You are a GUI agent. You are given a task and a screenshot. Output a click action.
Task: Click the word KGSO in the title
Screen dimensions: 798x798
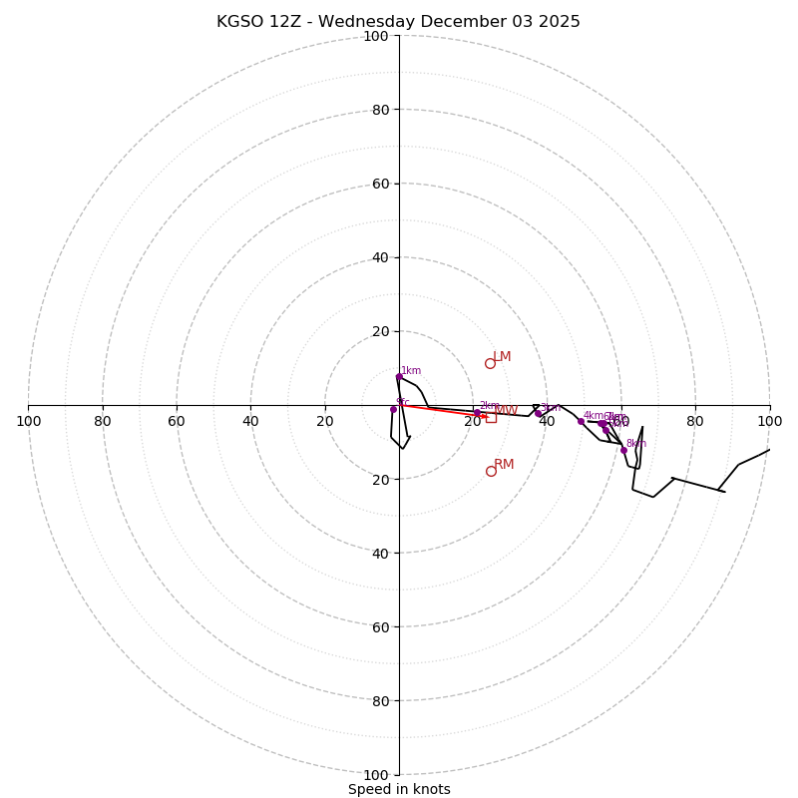[x=240, y=22]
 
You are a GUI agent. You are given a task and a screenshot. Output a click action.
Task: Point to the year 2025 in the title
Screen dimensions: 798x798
[x=559, y=22]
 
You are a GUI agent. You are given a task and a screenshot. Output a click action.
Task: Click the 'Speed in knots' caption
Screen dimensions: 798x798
[x=399, y=790]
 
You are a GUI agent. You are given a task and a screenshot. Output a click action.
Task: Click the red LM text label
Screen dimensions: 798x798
[x=502, y=357]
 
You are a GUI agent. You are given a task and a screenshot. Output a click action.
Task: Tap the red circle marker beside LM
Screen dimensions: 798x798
[x=490, y=363]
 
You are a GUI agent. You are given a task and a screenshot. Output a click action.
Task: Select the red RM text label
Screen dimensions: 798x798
[x=504, y=465]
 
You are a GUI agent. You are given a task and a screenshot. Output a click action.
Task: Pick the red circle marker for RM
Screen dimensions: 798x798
[x=491, y=471]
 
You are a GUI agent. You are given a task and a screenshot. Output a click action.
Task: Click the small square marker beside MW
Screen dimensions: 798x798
[x=491, y=417]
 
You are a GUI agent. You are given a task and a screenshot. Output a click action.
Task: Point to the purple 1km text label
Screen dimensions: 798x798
[x=411, y=371]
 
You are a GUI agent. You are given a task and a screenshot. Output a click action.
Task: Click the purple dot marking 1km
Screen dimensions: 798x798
[x=399, y=377]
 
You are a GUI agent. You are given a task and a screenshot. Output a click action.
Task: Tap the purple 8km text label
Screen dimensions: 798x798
[x=636, y=444]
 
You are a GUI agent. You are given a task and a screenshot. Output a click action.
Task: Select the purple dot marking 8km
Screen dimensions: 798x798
[x=623, y=450]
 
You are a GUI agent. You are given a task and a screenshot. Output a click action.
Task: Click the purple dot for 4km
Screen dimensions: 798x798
[x=581, y=421]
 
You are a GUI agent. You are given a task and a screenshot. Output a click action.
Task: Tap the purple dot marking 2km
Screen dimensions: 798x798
[x=477, y=412]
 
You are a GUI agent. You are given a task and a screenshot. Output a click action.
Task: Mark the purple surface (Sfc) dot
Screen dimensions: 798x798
[x=393, y=409]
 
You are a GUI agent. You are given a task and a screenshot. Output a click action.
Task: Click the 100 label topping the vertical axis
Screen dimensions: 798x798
[x=376, y=37]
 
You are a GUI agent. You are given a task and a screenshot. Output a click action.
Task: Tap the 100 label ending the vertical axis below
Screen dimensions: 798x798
[x=376, y=775]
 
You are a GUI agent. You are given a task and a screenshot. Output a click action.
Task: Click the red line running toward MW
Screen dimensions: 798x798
[x=439, y=410]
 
